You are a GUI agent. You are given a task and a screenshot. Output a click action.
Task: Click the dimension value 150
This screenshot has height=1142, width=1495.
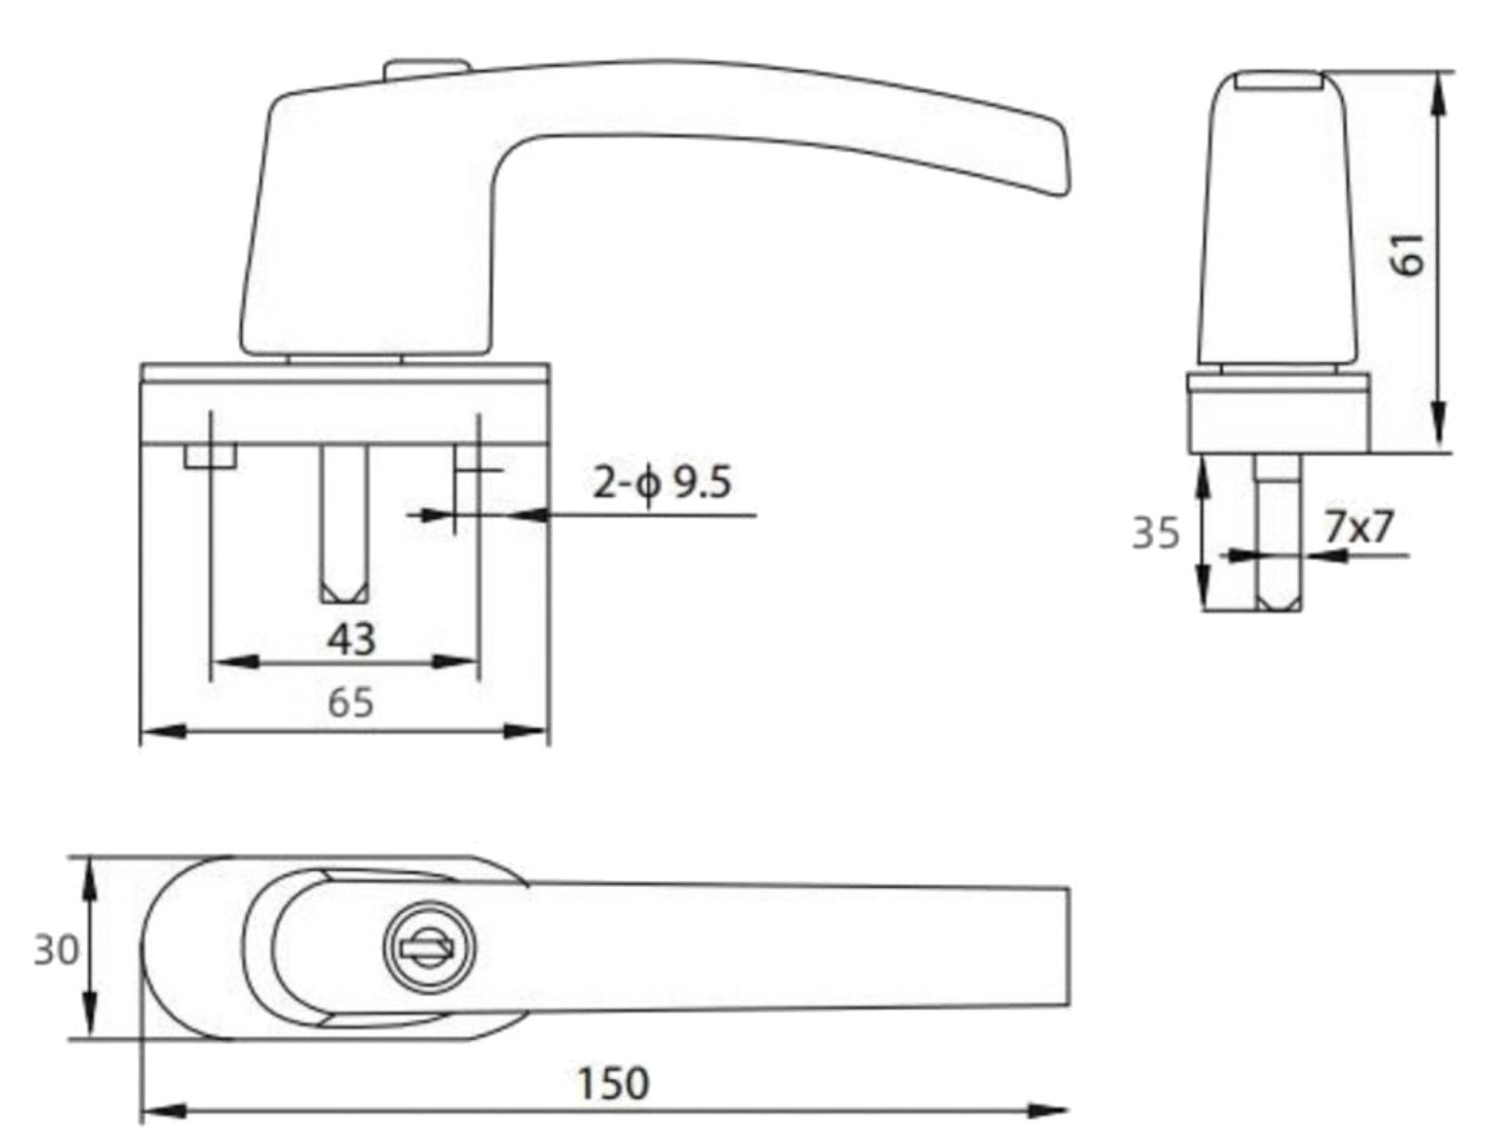tap(613, 1083)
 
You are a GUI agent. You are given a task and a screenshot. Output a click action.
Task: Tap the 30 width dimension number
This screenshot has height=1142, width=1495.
tap(56, 951)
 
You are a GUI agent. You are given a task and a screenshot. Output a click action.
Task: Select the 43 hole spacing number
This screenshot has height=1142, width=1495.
tap(352, 639)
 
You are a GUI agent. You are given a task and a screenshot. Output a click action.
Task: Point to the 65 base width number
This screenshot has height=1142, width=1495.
tap(350, 703)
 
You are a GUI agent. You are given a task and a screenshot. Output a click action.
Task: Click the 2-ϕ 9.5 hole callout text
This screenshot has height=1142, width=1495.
tap(661, 484)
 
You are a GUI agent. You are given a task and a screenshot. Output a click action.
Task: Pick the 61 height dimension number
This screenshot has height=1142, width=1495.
tap(1409, 253)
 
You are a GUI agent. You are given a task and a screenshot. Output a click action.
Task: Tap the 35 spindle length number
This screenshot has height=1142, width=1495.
tap(1155, 533)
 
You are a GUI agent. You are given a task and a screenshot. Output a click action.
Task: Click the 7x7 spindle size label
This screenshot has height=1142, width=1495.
tap(1358, 527)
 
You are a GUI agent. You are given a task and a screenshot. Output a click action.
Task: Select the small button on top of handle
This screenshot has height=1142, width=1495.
tap(426, 68)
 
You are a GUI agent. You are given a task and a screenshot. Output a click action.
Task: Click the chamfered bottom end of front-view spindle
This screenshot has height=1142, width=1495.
tap(343, 592)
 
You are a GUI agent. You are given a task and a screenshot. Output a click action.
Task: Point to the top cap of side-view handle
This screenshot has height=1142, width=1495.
tap(1279, 80)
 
